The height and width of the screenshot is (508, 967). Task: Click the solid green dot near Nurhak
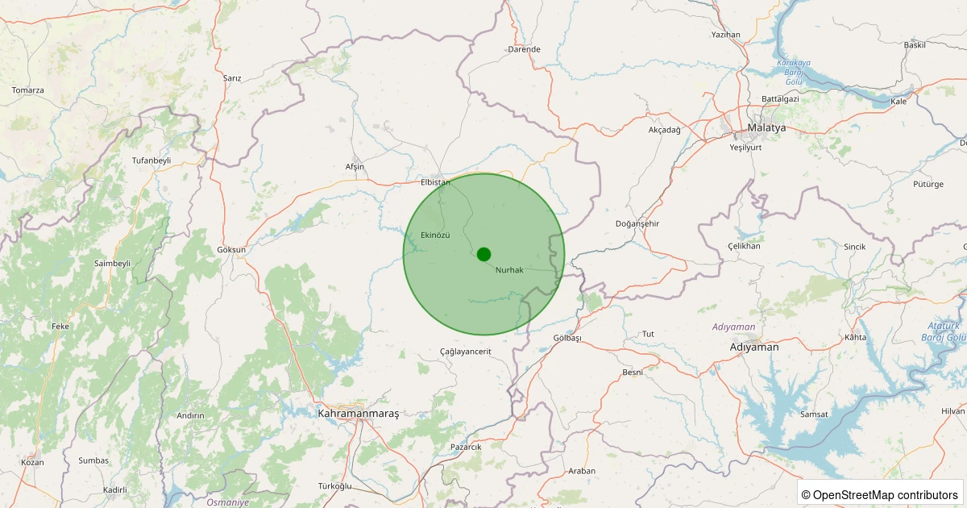tap(483, 254)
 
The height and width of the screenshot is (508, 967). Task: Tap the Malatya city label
tap(766, 128)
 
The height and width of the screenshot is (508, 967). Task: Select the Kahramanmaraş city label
tap(359, 414)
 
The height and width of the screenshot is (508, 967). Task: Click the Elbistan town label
tap(435, 182)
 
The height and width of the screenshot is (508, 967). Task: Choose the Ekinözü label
tap(435, 235)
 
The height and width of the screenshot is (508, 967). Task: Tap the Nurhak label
tap(509, 270)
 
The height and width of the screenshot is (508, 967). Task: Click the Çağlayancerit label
tap(466, 352)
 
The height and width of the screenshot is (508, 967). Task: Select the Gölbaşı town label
tap(567, 338)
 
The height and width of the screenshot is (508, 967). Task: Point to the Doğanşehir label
tap(637, 223)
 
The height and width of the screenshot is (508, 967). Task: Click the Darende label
tap(524, 49)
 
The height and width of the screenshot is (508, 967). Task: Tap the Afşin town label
tap(355, 167)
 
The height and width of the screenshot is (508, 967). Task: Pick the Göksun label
tap(231, 250)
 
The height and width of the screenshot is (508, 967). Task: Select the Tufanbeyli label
tap(151, 160)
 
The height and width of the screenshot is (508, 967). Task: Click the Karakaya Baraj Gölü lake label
tap(794, 72)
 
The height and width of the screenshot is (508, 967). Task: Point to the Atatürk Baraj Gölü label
tap(943, 331)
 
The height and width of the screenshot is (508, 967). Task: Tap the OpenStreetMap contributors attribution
tap(880, 494)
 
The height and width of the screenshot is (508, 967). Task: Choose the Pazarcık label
tap(466, 447)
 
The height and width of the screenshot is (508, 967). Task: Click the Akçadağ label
tap(665, 130)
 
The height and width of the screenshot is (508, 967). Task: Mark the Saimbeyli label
tap(112, 264)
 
